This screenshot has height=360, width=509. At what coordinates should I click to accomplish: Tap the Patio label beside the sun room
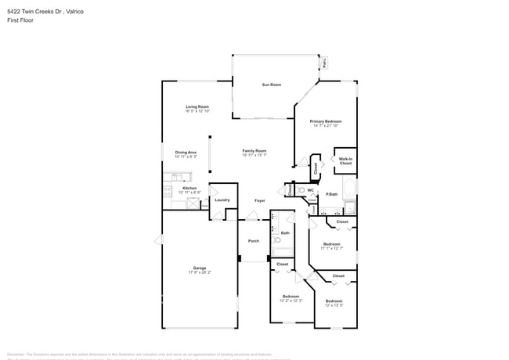[325, 64]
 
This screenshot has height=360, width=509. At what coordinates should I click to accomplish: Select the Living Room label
[197, 106]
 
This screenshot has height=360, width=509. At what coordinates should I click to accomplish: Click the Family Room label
[254, 150]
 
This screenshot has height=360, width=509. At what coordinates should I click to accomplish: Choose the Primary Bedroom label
[325, 121]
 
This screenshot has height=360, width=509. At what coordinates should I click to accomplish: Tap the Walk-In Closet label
[345, 161]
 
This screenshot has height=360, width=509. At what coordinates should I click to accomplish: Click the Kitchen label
[190, 188]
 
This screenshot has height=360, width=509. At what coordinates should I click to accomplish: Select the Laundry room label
[222, 200]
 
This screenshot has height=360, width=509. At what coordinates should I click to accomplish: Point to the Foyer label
[259, 200]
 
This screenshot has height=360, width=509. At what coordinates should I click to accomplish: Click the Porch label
[253, 240]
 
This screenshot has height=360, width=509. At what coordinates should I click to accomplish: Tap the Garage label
[200, 268]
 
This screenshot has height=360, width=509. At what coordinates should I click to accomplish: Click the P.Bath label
[332, 194]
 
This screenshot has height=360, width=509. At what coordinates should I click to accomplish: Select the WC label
[311, 189]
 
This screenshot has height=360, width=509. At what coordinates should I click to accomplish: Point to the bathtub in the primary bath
[350, 208]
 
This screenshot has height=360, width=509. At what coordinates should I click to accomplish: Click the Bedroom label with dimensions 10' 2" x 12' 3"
[291, 296]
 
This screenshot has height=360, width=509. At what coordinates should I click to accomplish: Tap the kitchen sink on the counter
[167, 188]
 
